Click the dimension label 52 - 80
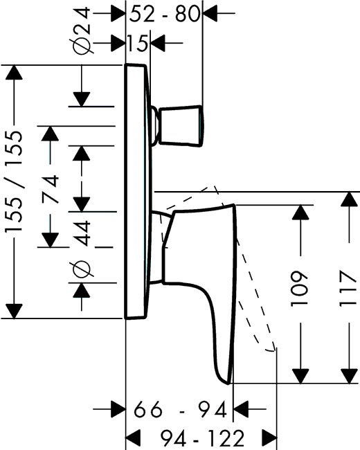click(164, 14)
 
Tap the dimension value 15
click(138, 44)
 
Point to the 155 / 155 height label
click(15, 181)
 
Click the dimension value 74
click(51, 190)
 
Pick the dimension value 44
click(82, 233)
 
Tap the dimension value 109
click(300, 289)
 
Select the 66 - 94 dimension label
click(180, 410)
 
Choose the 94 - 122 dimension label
click(202, 438)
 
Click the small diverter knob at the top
click(181, 126)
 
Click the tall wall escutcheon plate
click(138, 191)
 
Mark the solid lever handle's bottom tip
click(228, 384)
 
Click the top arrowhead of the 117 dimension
click(349, 199)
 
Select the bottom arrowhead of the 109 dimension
click(300, 376)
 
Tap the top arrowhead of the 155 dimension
click(14, 73)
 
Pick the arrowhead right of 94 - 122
click(269, 438)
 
